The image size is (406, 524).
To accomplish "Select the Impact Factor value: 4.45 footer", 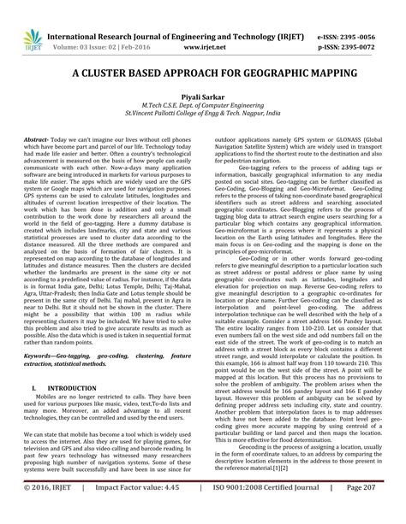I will (x=137, y=509).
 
